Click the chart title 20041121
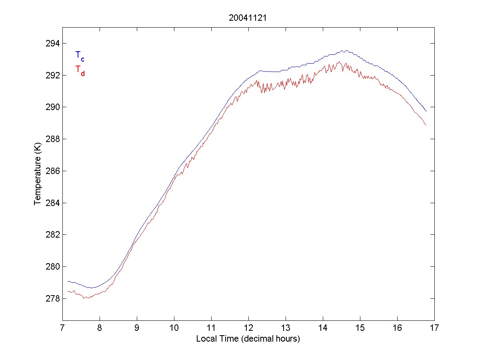(248, 18)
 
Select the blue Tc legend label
(80, 56)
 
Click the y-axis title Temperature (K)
(37, 175)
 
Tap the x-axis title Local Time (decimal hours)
(248, 339)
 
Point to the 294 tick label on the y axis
(52, 43)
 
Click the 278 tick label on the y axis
(52, 298)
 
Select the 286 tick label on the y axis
(52, 171)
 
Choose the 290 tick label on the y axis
(52, 107)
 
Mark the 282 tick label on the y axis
(52, 235)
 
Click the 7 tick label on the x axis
(62, 328)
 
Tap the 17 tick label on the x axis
(434, 328)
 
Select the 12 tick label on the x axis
(248, 328)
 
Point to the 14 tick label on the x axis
(323, 328)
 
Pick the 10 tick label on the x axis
(174, 328)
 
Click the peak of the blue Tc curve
(343, 50)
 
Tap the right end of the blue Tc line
(426, 111)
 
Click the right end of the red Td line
(426, 125)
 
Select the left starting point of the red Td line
(68, 291)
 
